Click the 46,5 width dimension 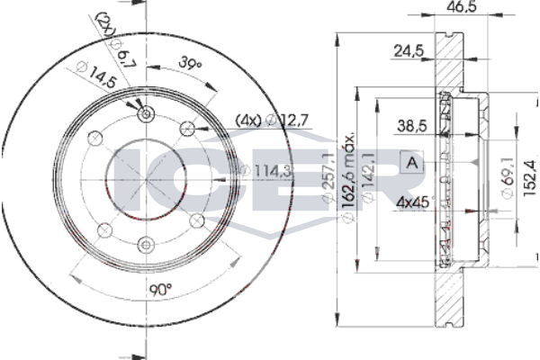[462, 6]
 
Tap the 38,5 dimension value [412, 126]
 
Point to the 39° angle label [189, 63]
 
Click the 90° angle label [160, 290]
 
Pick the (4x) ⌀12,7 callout [272, 121]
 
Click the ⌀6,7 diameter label [121, 53]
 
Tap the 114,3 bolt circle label [267, 170]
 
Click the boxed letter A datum [411, 162]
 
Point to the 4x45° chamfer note [414, 202]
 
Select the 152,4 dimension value [530, 179]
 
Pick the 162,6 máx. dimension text [348, 176]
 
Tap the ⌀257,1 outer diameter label [328, 177]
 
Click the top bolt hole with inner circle [146, 113]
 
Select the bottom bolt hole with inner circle [146, 245]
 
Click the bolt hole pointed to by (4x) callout [188, 129]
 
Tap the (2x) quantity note [105, 24]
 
